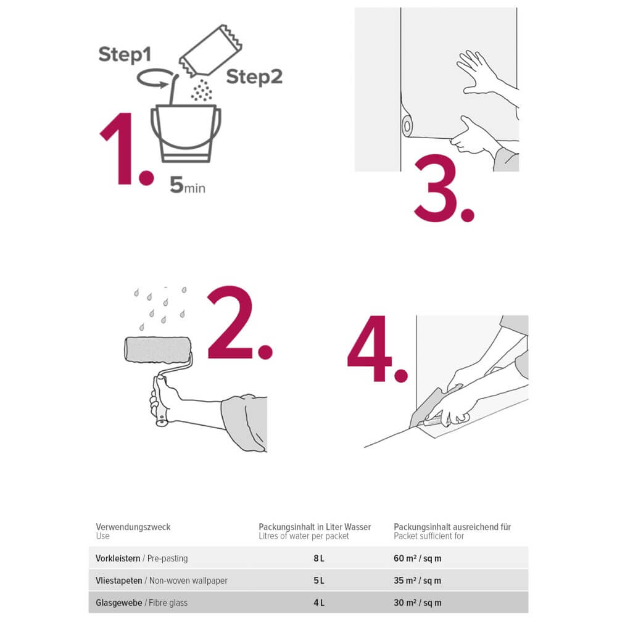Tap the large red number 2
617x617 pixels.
pyautogui.click(x=231, y=323)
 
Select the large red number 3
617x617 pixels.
pyautogui.click(x=436, y=188)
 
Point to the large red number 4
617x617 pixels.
pyautogui.click(x=370, y=349)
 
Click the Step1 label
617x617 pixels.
pyautogui.click(x=125, y=55)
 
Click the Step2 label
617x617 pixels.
pyautogui.click(x=254, y=77)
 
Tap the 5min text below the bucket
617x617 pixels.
pyautogui.click(x=188, y=185)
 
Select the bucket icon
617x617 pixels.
pyautogui.click(x=186, y=133)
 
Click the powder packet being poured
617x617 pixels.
pyautogui.click(x=210, y=51)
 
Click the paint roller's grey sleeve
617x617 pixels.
pyautogui.click(x=157, y=349)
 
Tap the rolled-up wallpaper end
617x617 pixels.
pyautogui.click(x=407, y=126)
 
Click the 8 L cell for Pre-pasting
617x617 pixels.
pyautogui.click(x=319, y=558)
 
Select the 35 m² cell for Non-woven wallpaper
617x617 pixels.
pyautogui.click(x=417, y=581)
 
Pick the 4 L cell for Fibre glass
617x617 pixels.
pyautogui.click(x=319, y=603)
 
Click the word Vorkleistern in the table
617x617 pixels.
pyautogui.click(x=118, y=558)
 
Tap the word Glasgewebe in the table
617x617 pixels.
pyautogui.click(x=119, y=603)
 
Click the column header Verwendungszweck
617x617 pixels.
pyautogui.click(x=133, y=527)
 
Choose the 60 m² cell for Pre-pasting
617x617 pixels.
pyautogui.click(x=417, y=558)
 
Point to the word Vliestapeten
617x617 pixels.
pyautogui.click(x=119, y=581)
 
